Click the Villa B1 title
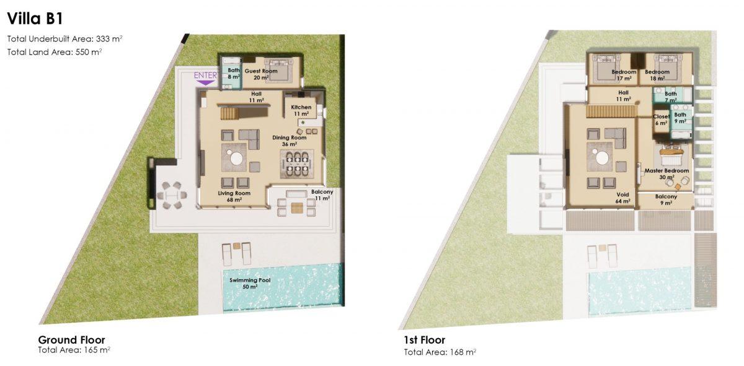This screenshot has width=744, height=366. (x=35, y=19)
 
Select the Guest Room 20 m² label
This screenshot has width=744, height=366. (x=261, y=74)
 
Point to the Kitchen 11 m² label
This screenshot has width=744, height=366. (x=301, y=110)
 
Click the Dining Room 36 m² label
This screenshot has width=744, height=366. (x=290, y=141)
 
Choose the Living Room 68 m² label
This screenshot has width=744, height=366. (x=234, y=196)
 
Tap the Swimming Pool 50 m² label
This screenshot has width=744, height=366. (x=250, y=283)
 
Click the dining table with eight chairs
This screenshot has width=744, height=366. (x=296, y=164)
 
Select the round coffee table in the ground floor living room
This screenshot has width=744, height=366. (x=236, y=159)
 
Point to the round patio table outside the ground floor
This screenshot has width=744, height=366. (x=172, y=196)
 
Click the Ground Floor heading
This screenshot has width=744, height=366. (x=71, y=340)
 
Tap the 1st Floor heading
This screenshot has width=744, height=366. (x=425, y=340)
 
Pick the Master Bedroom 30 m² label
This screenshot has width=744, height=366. (x=666, y=174)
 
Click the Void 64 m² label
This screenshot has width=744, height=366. (x=622, y=198)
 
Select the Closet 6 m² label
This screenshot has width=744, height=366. (x=661, y=120)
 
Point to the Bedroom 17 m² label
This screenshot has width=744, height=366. (x=624, y=75)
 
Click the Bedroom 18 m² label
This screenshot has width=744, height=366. (x=657, y=75)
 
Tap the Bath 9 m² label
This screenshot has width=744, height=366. (x=680, y=118)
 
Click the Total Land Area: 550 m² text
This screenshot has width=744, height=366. (x=55, y=52)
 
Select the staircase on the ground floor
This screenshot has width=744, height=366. (x=230, y=114)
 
